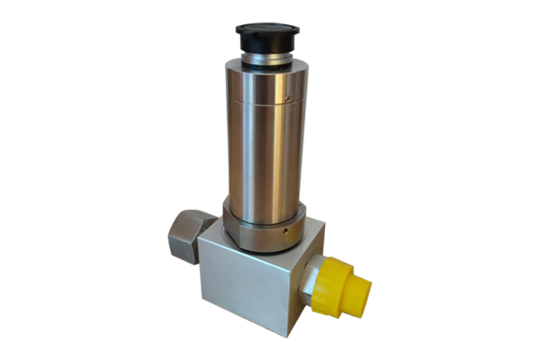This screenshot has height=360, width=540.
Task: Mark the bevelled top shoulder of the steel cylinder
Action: pyautogui.click(x=265, y=74)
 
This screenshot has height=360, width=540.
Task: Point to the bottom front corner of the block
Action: pyautogui.click(x=285, y=333)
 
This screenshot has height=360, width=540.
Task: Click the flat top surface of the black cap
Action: pyautogui.click(x=268, y=31)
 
